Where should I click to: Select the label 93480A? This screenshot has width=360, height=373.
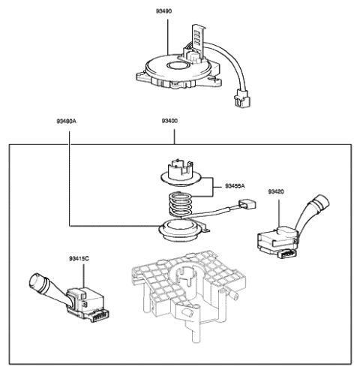(x=68, y=122)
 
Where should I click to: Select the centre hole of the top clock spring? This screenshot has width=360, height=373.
(x=180, y=68)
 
